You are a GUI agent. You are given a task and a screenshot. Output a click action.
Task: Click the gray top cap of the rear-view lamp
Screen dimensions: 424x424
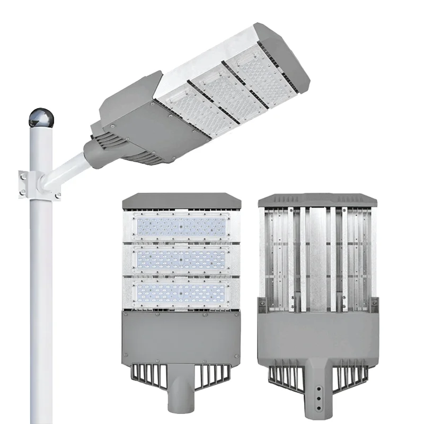tap(317, 200)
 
